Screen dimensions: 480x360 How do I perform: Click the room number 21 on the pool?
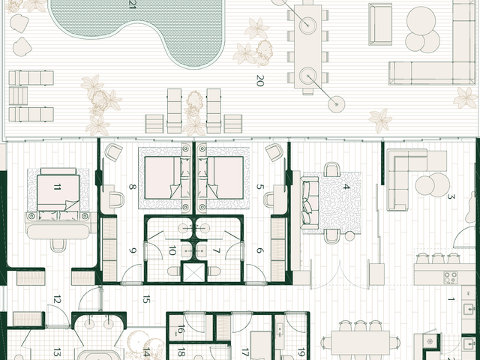pyautogui.click(x=132, y=4)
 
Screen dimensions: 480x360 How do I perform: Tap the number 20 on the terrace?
pyautogui.click(x=259, y=80)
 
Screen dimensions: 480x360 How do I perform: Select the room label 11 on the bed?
pyautogui.click(x=57, y=187)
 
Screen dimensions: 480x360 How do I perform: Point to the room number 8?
pyautogui.click(x=132, y=187)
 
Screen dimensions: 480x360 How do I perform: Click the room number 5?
pyautogui.click(x=260, y=187)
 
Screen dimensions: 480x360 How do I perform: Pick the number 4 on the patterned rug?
pyautogui.click(x=346, y=187)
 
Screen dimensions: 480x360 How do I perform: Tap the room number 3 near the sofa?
pyautogui.click(x=451, y=196)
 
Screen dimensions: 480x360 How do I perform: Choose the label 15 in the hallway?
pyautogui.click(x=146, y=299)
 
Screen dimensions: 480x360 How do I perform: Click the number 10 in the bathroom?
pyautogui.click(x=172, y=250)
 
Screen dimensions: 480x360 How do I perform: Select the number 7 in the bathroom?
pyautogui.click(x=217, y=250)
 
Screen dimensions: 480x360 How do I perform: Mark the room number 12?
pyautogui.click(x=57, y=299)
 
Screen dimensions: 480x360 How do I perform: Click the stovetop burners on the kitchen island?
pyautogui.click(x=450, y=277)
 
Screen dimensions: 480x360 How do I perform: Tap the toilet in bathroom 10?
pyautogui.click(x=174, y=271)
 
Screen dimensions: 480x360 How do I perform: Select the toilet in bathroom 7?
pyautogui.click(x=214, y=271)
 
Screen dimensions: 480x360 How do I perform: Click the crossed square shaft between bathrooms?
pyautogui.click(x=193, y=272)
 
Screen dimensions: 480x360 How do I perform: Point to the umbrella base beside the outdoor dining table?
pyautogui.click(x=337, y=104)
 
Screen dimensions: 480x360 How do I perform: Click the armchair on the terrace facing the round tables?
pyautogui.click(x=380, y=25)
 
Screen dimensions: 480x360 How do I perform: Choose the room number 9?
pyautogui.click(x=132, y=250)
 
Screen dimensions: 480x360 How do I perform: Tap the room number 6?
pyautogui.click(x=260, y=250)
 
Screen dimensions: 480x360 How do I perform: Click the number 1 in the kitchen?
pyautogui.click(x=451, y=299)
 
